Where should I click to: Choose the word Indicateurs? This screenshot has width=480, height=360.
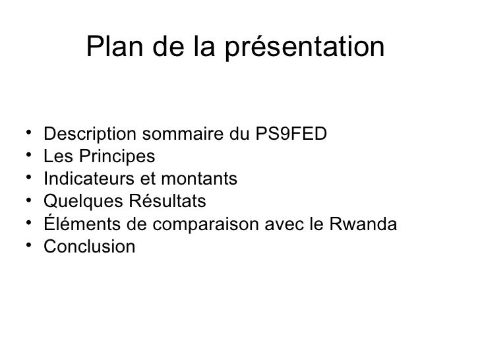pos(84,180)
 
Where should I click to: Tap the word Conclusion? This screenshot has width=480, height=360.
pos(89,247)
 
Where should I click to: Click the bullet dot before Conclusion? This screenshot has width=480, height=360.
pos(30,247)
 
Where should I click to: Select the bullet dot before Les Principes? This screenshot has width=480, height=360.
pos(30,157)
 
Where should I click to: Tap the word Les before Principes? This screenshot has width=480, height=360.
pos(56,158)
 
